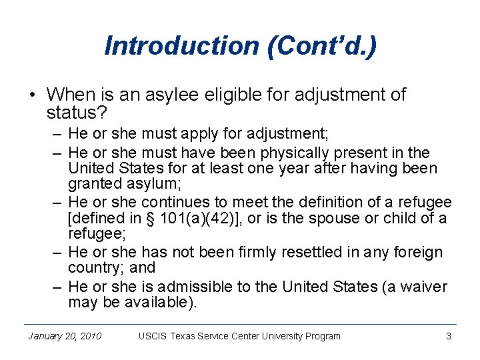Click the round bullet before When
33,95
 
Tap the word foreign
418,252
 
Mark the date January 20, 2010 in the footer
65,336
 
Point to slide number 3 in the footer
449,336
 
